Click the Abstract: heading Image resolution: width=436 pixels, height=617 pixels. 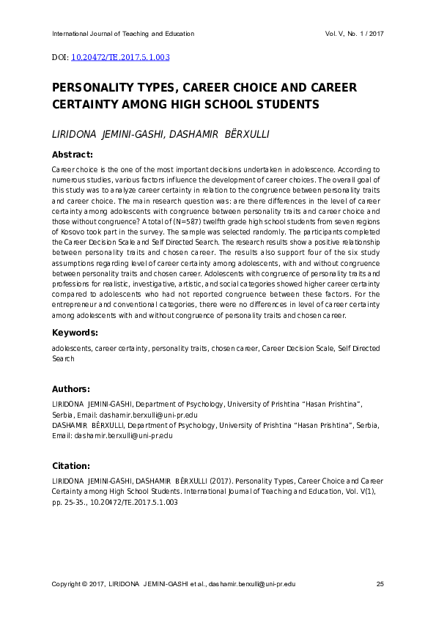[72, 155]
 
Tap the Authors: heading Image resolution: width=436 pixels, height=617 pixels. [71, 388]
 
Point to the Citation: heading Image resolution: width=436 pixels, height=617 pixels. [71, 465]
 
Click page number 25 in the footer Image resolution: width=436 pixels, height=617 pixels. [380, 584]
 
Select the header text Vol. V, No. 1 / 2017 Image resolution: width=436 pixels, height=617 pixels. [354, 34]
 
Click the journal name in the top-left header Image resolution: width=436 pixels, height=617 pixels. [123, 34]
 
